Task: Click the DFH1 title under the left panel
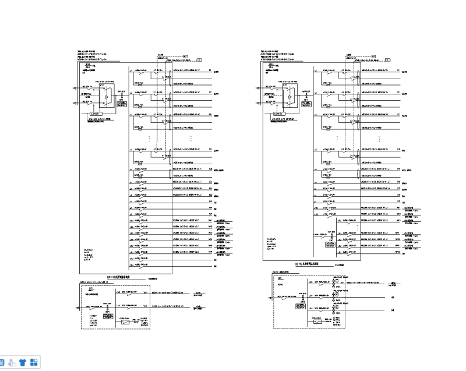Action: (119, 277)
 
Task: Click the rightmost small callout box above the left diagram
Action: (199, 59)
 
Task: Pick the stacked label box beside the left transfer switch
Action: (121, 101)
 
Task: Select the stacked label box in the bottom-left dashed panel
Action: (107, 315)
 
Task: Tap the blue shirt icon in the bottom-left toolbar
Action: (23, 362)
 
